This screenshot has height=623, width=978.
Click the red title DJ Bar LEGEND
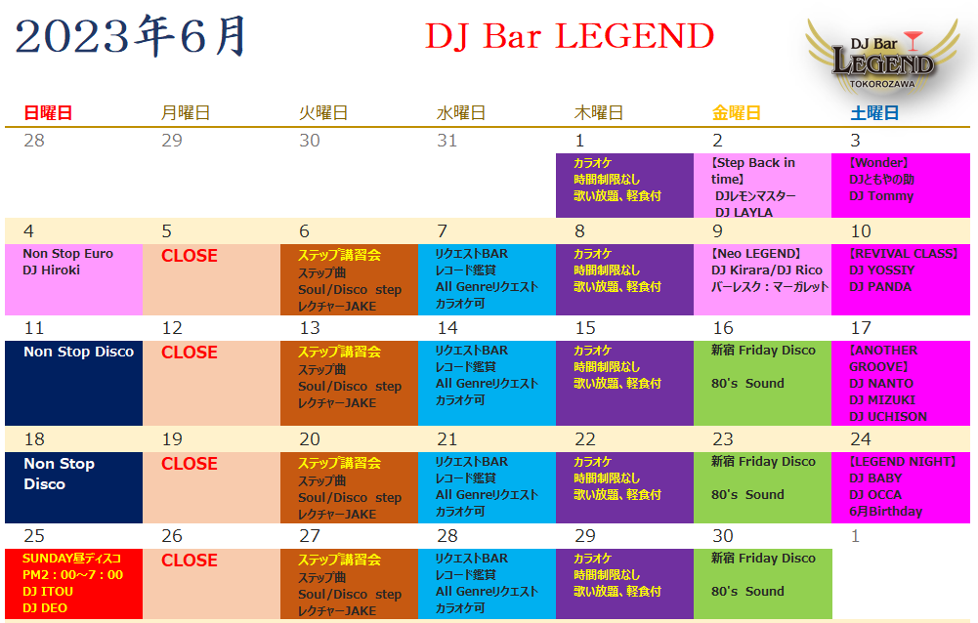coord(570,36)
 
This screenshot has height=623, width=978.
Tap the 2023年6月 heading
coord(131,36)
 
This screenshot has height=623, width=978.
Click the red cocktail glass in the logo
coord(913,41)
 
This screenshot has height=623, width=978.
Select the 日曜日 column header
coord(48,113)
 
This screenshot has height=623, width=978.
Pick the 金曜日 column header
coord(736,113)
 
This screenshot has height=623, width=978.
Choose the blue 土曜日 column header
coord(874,113)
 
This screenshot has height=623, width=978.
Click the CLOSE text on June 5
coord(190,256)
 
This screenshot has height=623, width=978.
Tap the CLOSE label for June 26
coord(190,560)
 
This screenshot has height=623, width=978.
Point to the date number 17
coord(861,328)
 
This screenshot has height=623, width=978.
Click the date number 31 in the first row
coord(446,141)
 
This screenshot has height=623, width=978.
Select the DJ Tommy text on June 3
coord(881,196)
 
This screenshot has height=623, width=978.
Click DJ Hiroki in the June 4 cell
coord(51,270)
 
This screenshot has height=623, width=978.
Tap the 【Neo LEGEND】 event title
coord(756,254)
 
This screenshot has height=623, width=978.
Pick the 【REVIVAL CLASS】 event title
coord(903,254)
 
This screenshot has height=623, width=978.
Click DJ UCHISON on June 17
coord(888,417)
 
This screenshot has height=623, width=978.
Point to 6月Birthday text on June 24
coord(886,512)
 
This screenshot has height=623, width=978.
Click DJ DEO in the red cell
coord(45,608)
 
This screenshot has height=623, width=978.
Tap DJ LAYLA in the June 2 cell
coord(744,212)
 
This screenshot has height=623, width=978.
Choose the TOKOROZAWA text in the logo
coord(882,84)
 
